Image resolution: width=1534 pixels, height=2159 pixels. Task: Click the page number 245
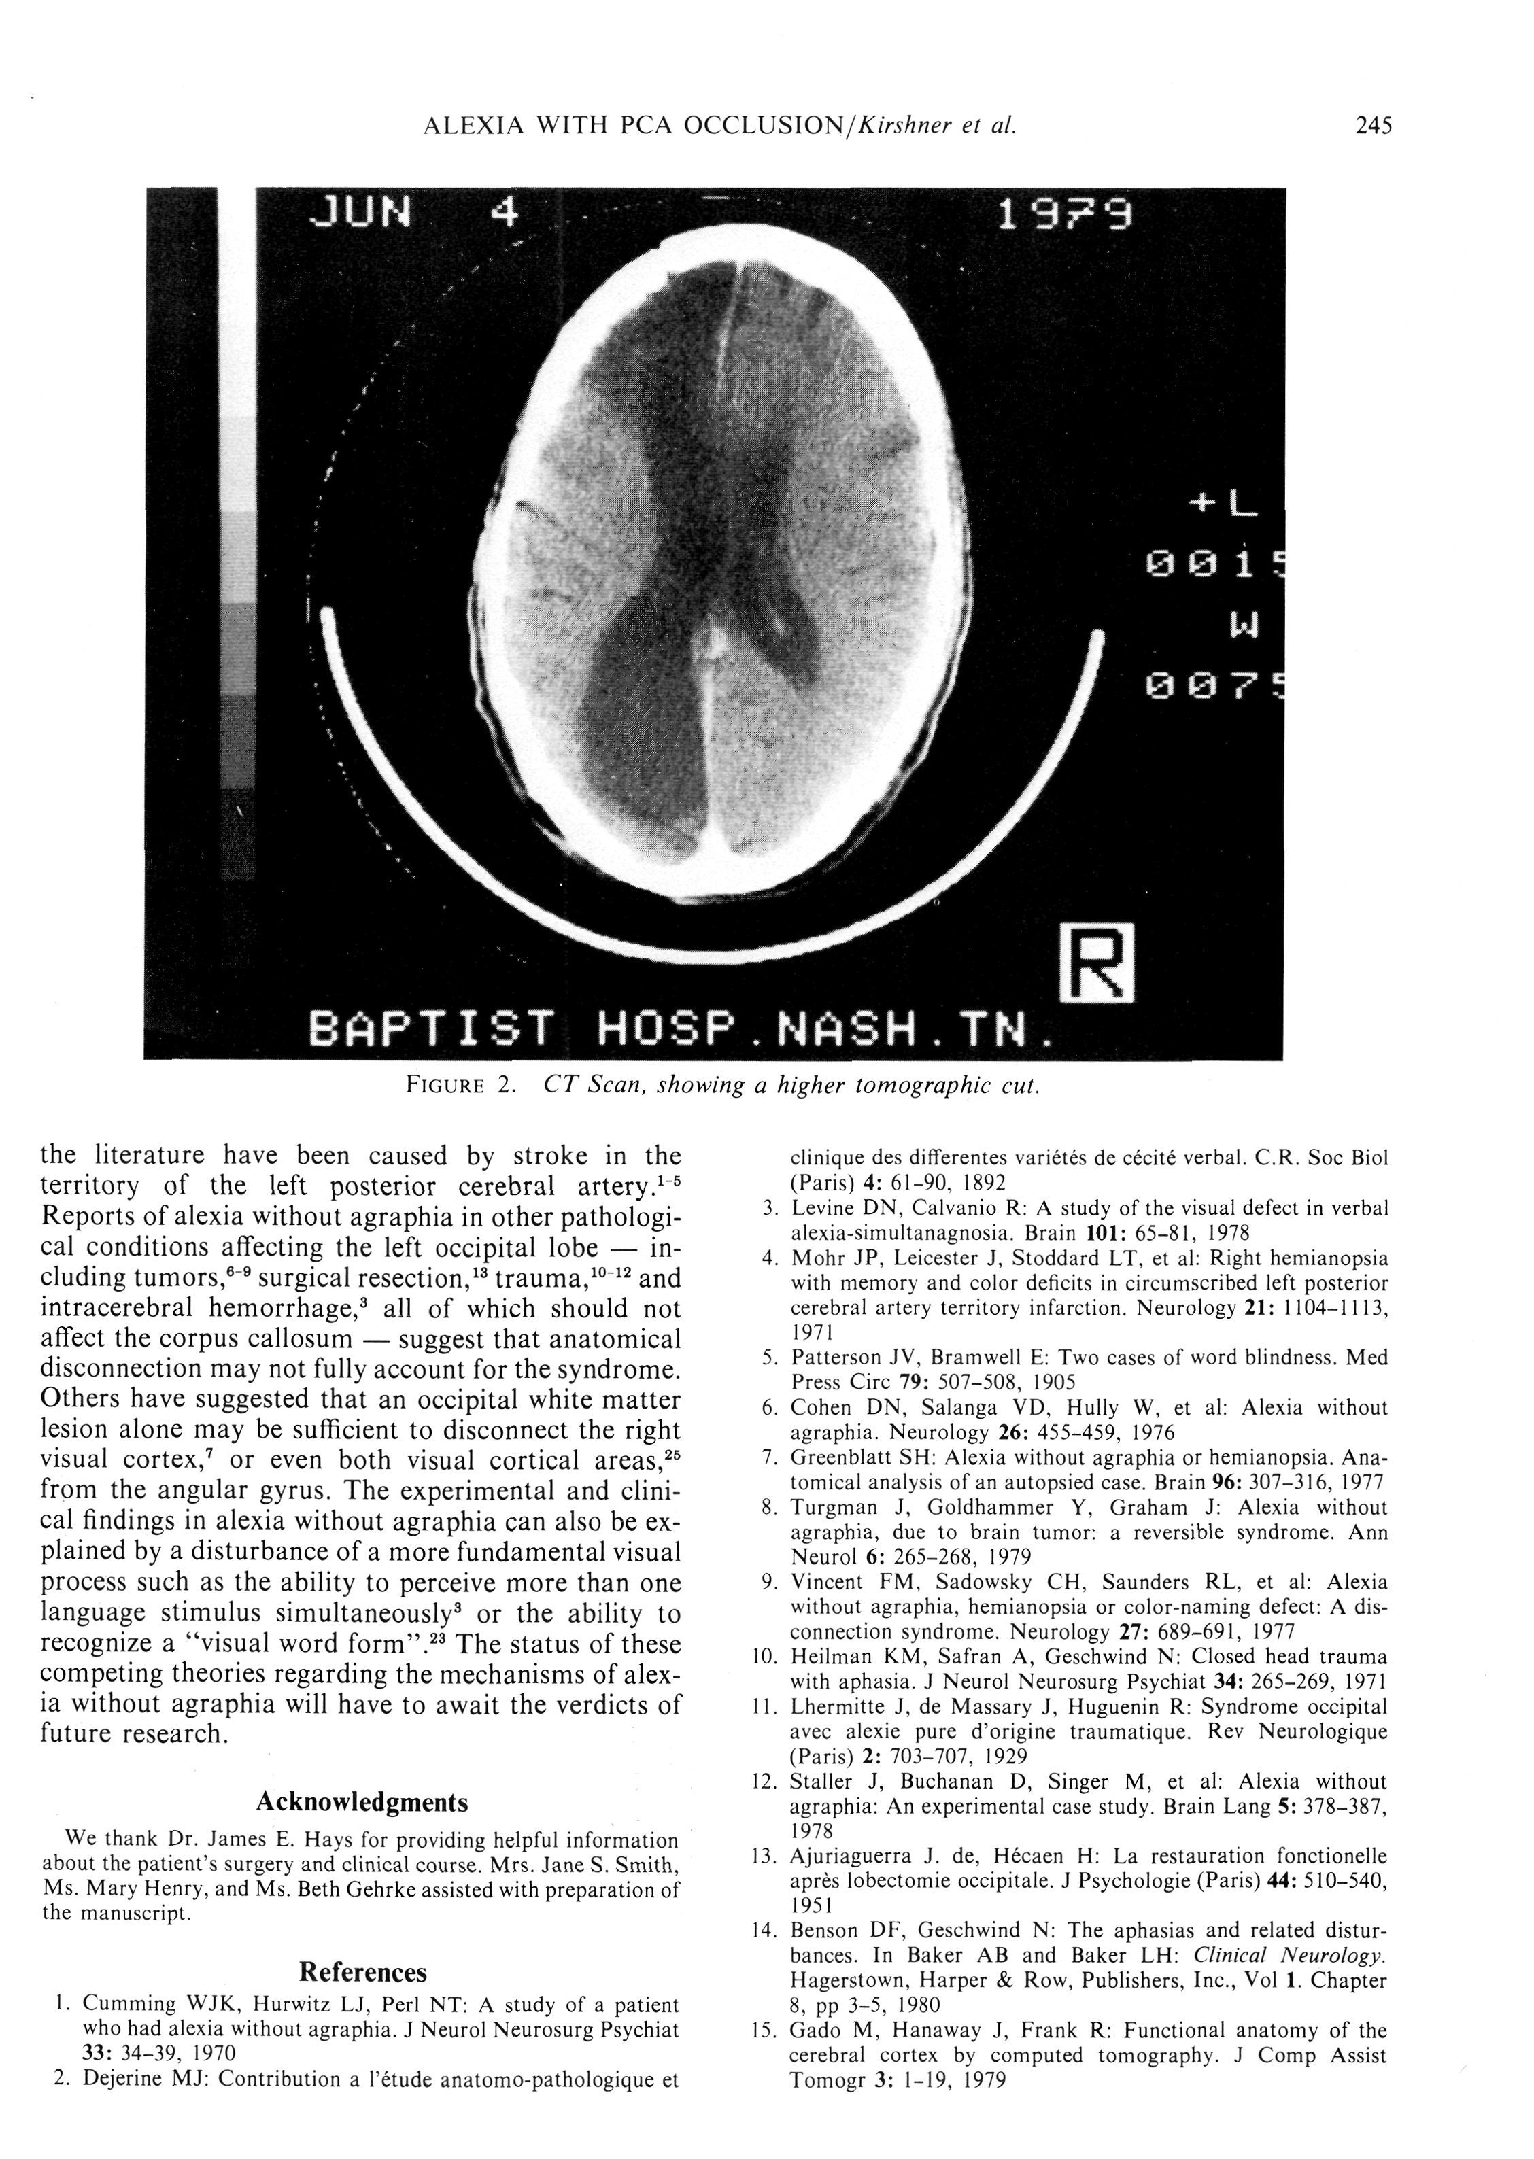coord(1372,126)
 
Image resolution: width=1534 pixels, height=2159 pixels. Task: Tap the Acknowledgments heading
coord(362,1829)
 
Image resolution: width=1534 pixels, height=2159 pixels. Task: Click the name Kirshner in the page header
coord(899,126)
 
